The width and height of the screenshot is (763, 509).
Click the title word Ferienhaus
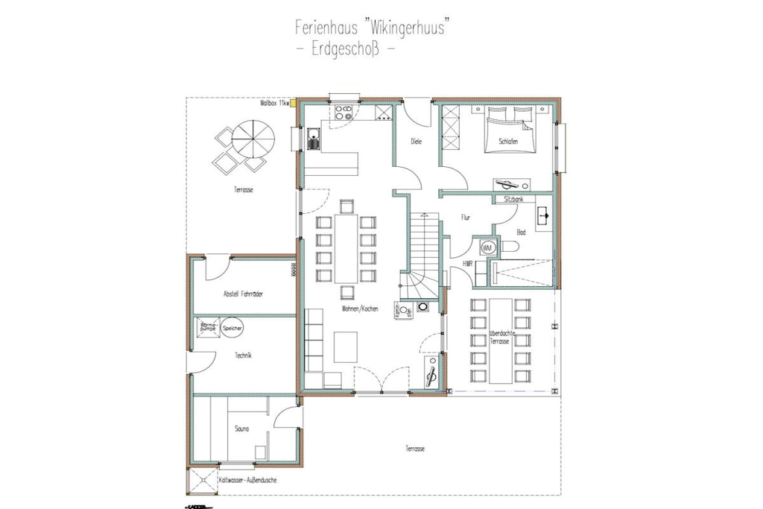pyautogui.click(x=326, y=28)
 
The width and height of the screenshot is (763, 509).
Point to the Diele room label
pyautogui.click(x=417, y=141)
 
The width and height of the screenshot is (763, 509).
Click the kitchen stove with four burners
pyautogui.click(x=343, y=113)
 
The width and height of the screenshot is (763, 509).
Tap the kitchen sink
pyautogui.click(x=314, y=138)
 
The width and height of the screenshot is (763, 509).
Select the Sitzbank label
pyautogui.click(x=513, y=200)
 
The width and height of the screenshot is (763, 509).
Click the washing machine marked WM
pyautogui.click(x=488, y=247)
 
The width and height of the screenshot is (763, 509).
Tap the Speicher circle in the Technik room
pyautogui.click(x=232, y=327)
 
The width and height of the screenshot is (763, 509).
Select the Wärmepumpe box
pyautogui.click(x=208, y=326)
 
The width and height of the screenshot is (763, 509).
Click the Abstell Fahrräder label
pyautogui.click(x=243, y=294)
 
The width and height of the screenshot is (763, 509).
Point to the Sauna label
pyautogui.click(x=240, y=429)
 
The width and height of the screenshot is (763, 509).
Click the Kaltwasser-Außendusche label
pyautogui.click(x=248, y=481)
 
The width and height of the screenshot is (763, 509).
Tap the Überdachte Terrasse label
pyautogui.click(x=499, y=337)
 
